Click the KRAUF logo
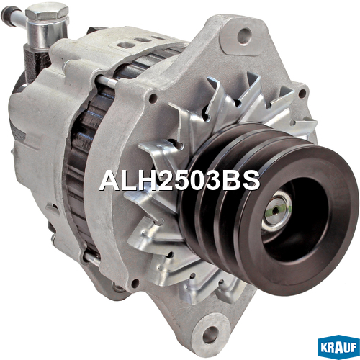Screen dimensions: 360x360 tap(338, 347)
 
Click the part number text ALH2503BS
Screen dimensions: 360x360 tap(180, 181)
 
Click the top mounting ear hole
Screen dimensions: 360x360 tap(244, 35)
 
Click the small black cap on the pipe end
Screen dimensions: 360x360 tap(6, 13)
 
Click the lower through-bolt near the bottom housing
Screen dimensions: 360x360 tap(91, 258)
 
